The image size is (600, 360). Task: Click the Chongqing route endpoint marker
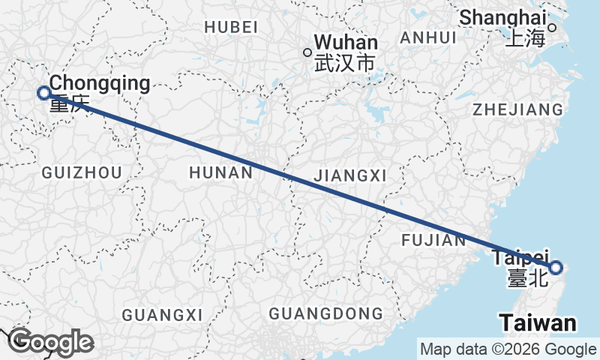coord(44,93)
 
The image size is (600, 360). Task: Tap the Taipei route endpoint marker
coord(556,267)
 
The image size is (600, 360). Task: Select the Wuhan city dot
coord(307,52)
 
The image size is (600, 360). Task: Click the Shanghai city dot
coord(552,28)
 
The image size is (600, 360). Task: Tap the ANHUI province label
coord(428,37)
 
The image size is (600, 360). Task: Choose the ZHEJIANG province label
coord(517,109)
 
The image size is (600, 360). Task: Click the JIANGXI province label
coord(351,175)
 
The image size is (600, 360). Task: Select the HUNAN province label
coord(220,173)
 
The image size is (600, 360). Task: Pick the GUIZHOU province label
coord(82,173)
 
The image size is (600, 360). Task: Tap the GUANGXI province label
coord(163,313)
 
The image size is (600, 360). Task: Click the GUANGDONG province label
coord(325,313)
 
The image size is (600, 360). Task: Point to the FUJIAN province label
coord(433,240)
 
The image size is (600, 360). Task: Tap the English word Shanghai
coord(502,16)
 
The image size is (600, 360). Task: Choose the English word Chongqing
coord(100,83)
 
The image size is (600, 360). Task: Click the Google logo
coord(51,342)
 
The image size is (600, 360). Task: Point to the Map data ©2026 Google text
coord(508,349)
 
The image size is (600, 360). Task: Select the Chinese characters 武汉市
coord(344,64)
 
